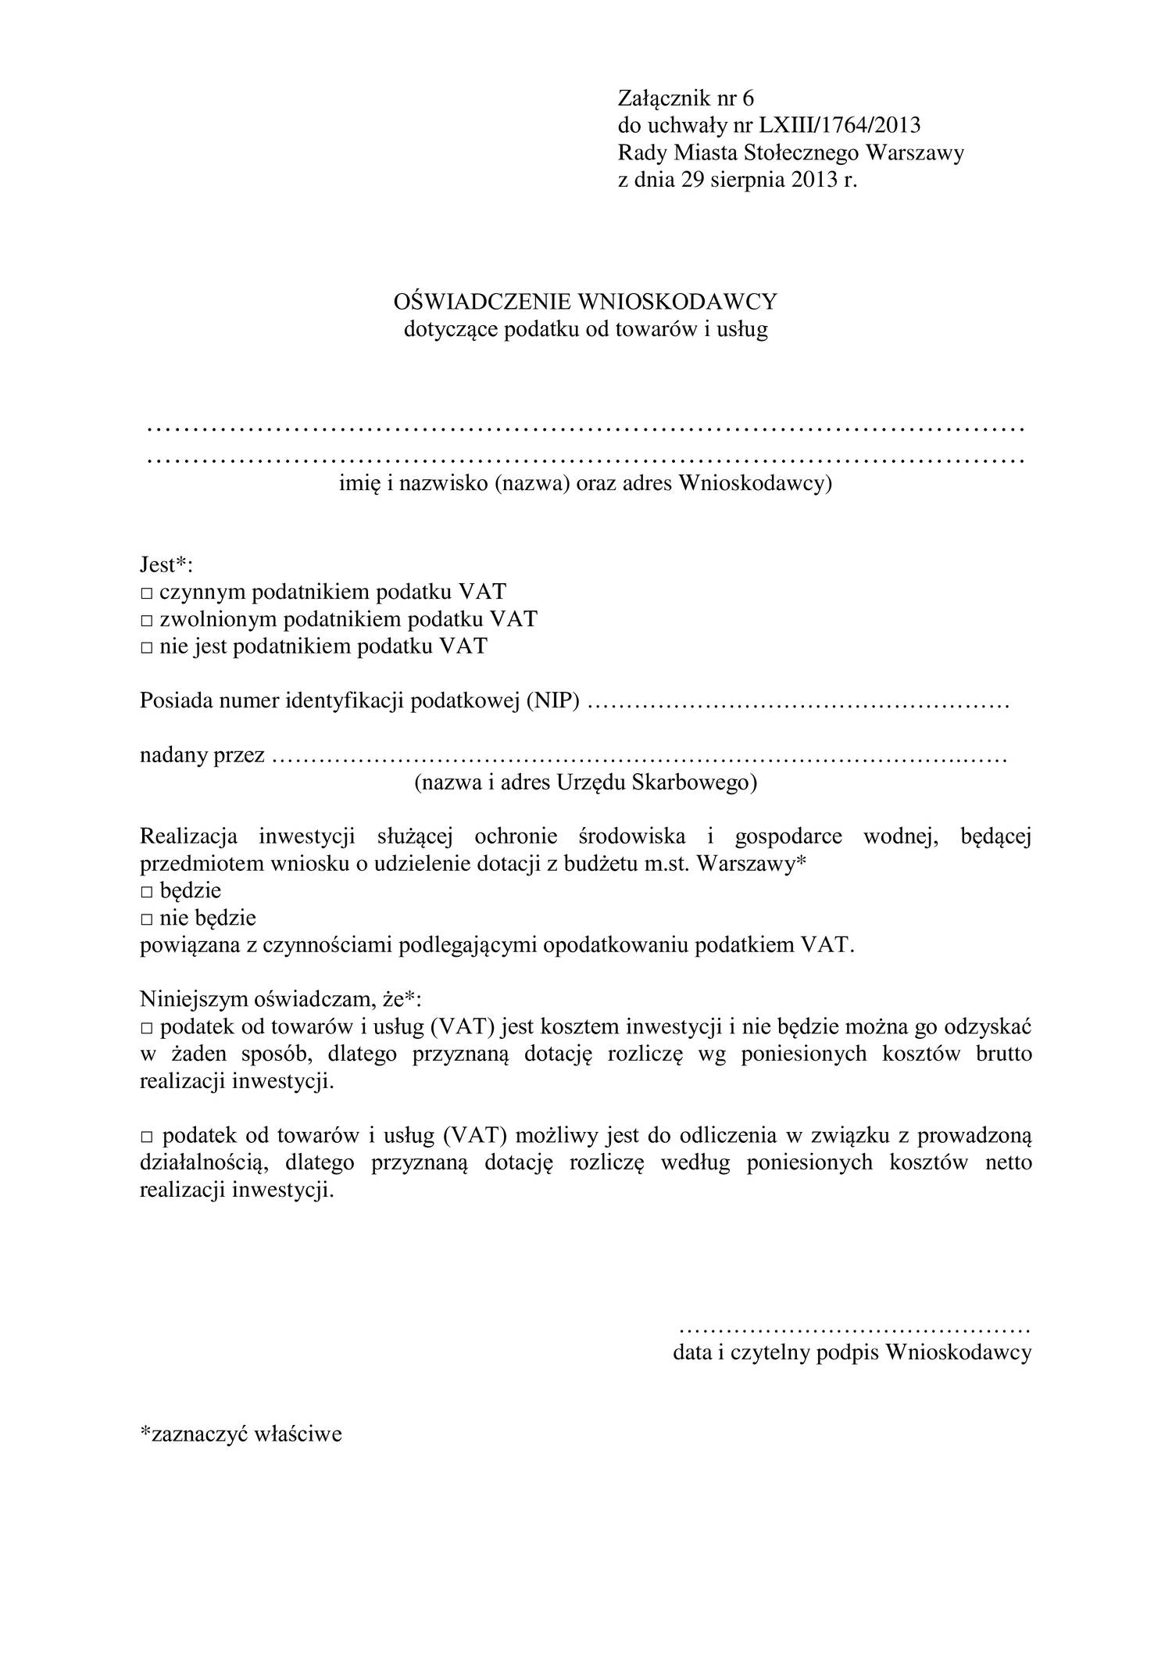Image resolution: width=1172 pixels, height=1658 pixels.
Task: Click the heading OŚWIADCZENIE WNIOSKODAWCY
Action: (585, 302)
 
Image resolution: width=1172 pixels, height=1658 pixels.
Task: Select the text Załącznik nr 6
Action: (686, 98)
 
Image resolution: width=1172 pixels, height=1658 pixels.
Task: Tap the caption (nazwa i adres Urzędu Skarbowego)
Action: (585, 783)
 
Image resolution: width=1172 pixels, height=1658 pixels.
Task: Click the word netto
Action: (1009, 1163)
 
